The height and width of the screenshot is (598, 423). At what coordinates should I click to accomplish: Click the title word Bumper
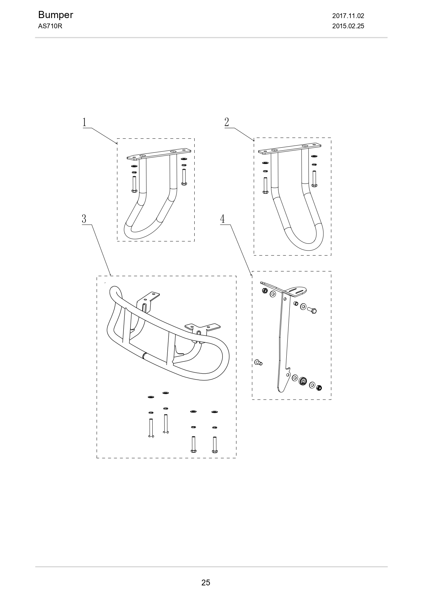click(56, 15)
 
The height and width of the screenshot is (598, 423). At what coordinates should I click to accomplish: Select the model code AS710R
click(50, 26)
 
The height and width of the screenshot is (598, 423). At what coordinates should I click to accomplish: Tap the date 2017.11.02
click(348, 16)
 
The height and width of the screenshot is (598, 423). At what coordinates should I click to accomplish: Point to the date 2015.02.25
click(348, 26)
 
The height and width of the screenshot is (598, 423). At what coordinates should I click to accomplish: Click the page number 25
click(206, 583)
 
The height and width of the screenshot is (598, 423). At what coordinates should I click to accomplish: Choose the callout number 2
click(227, 122)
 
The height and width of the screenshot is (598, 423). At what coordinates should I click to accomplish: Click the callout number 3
click(84, 219)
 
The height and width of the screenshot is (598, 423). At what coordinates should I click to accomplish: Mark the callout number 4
click(223, 219)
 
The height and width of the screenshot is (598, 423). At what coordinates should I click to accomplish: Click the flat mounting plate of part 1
click(158, 154)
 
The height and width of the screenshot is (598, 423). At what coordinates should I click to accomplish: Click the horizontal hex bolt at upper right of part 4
click(312, 310)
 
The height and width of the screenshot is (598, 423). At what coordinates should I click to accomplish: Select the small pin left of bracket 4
click(258, 362)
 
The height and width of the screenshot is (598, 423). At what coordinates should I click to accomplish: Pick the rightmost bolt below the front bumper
click(214, 445)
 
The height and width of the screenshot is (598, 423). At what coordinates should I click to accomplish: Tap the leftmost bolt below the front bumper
click(151, 428)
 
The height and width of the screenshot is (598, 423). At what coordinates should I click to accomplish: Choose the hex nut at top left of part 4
click(265, 291)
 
